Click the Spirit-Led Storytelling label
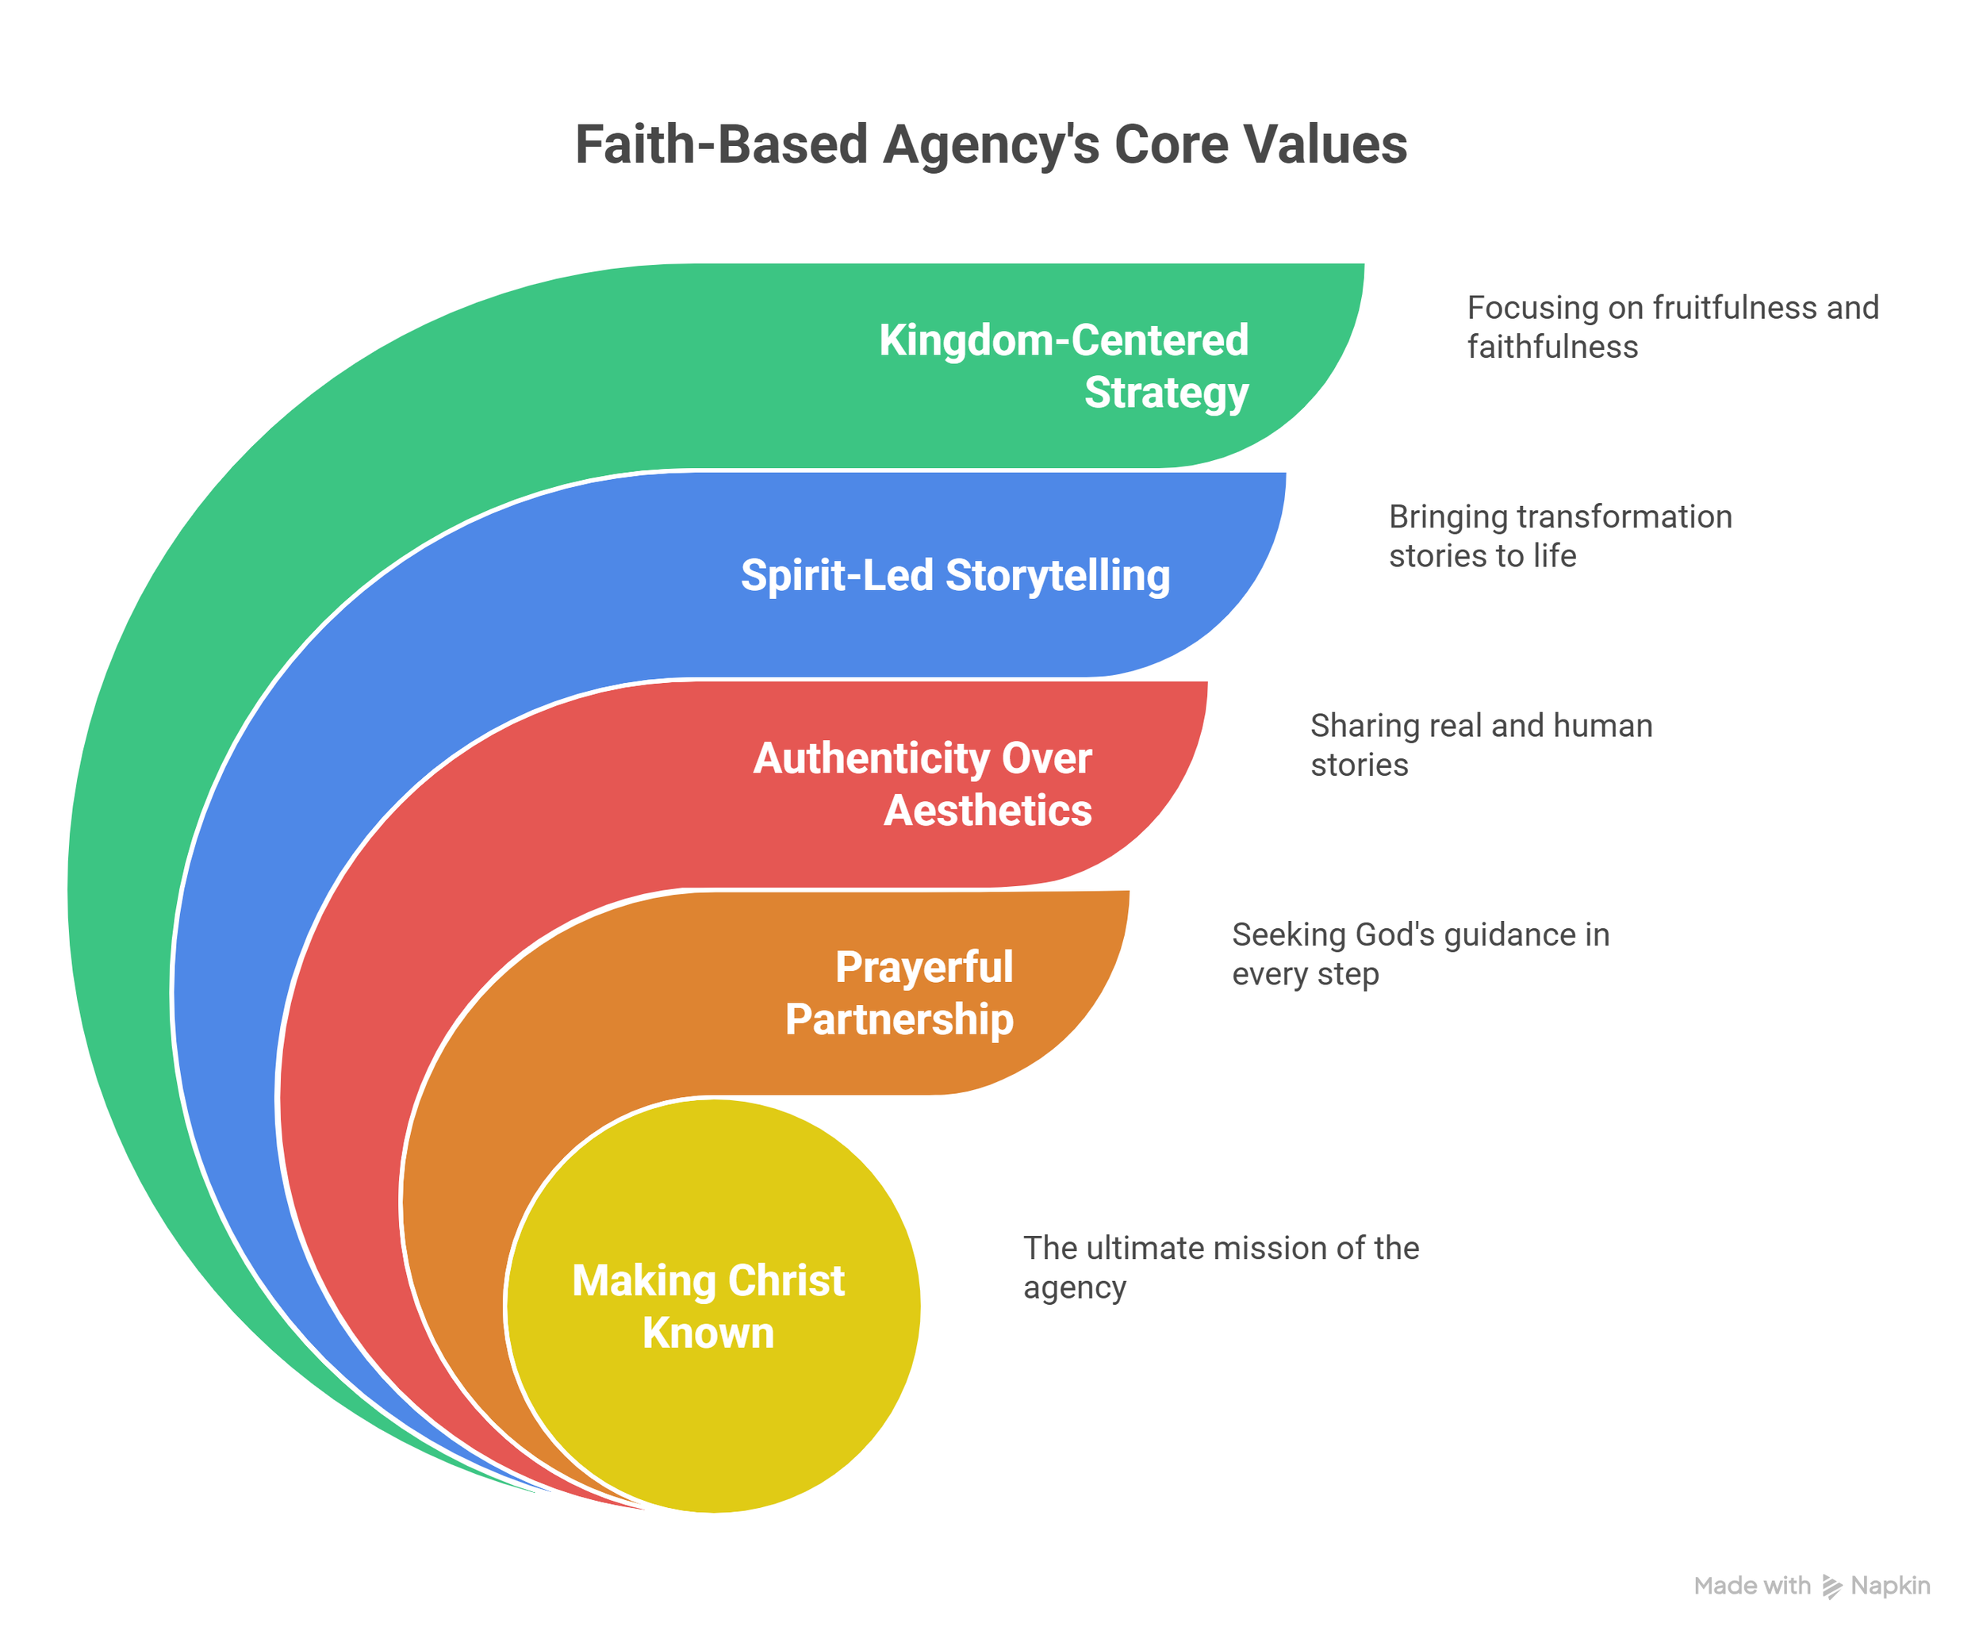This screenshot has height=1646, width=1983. click(955, 575)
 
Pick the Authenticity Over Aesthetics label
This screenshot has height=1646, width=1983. click(922, 784)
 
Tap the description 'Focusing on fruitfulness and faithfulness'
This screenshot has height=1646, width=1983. click(1671, 327)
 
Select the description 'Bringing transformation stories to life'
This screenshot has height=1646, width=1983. click(1560, 535)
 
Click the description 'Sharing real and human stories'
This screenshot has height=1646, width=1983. click(1481, 745)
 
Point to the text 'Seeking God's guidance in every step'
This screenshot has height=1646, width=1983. click(1420, 953)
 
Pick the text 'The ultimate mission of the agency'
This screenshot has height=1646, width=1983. click(1221, 1268)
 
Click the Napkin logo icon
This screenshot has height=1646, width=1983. click(1832, 1587)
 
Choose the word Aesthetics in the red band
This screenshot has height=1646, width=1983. click(988, 810)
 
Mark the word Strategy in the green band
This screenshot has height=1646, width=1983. click(1166, 392)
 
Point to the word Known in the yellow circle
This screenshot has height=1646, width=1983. click(708, 1333)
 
